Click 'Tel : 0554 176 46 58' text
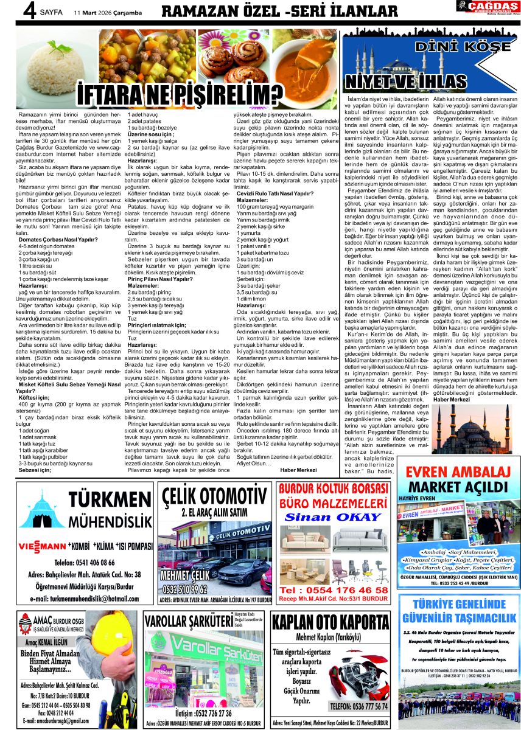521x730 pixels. pyautogui.click(x=333, y=590)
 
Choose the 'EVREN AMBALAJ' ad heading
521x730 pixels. pyautogui.click(x=458, y=473)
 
